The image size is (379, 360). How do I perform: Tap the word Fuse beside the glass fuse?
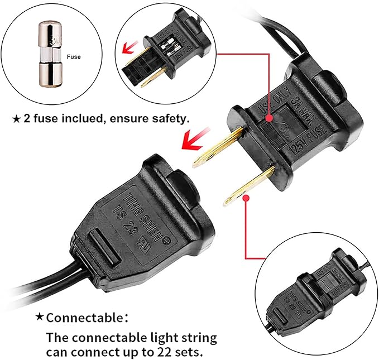(74, 56)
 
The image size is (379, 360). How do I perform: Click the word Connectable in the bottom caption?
(84, 318)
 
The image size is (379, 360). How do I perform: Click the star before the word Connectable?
(40, 317)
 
